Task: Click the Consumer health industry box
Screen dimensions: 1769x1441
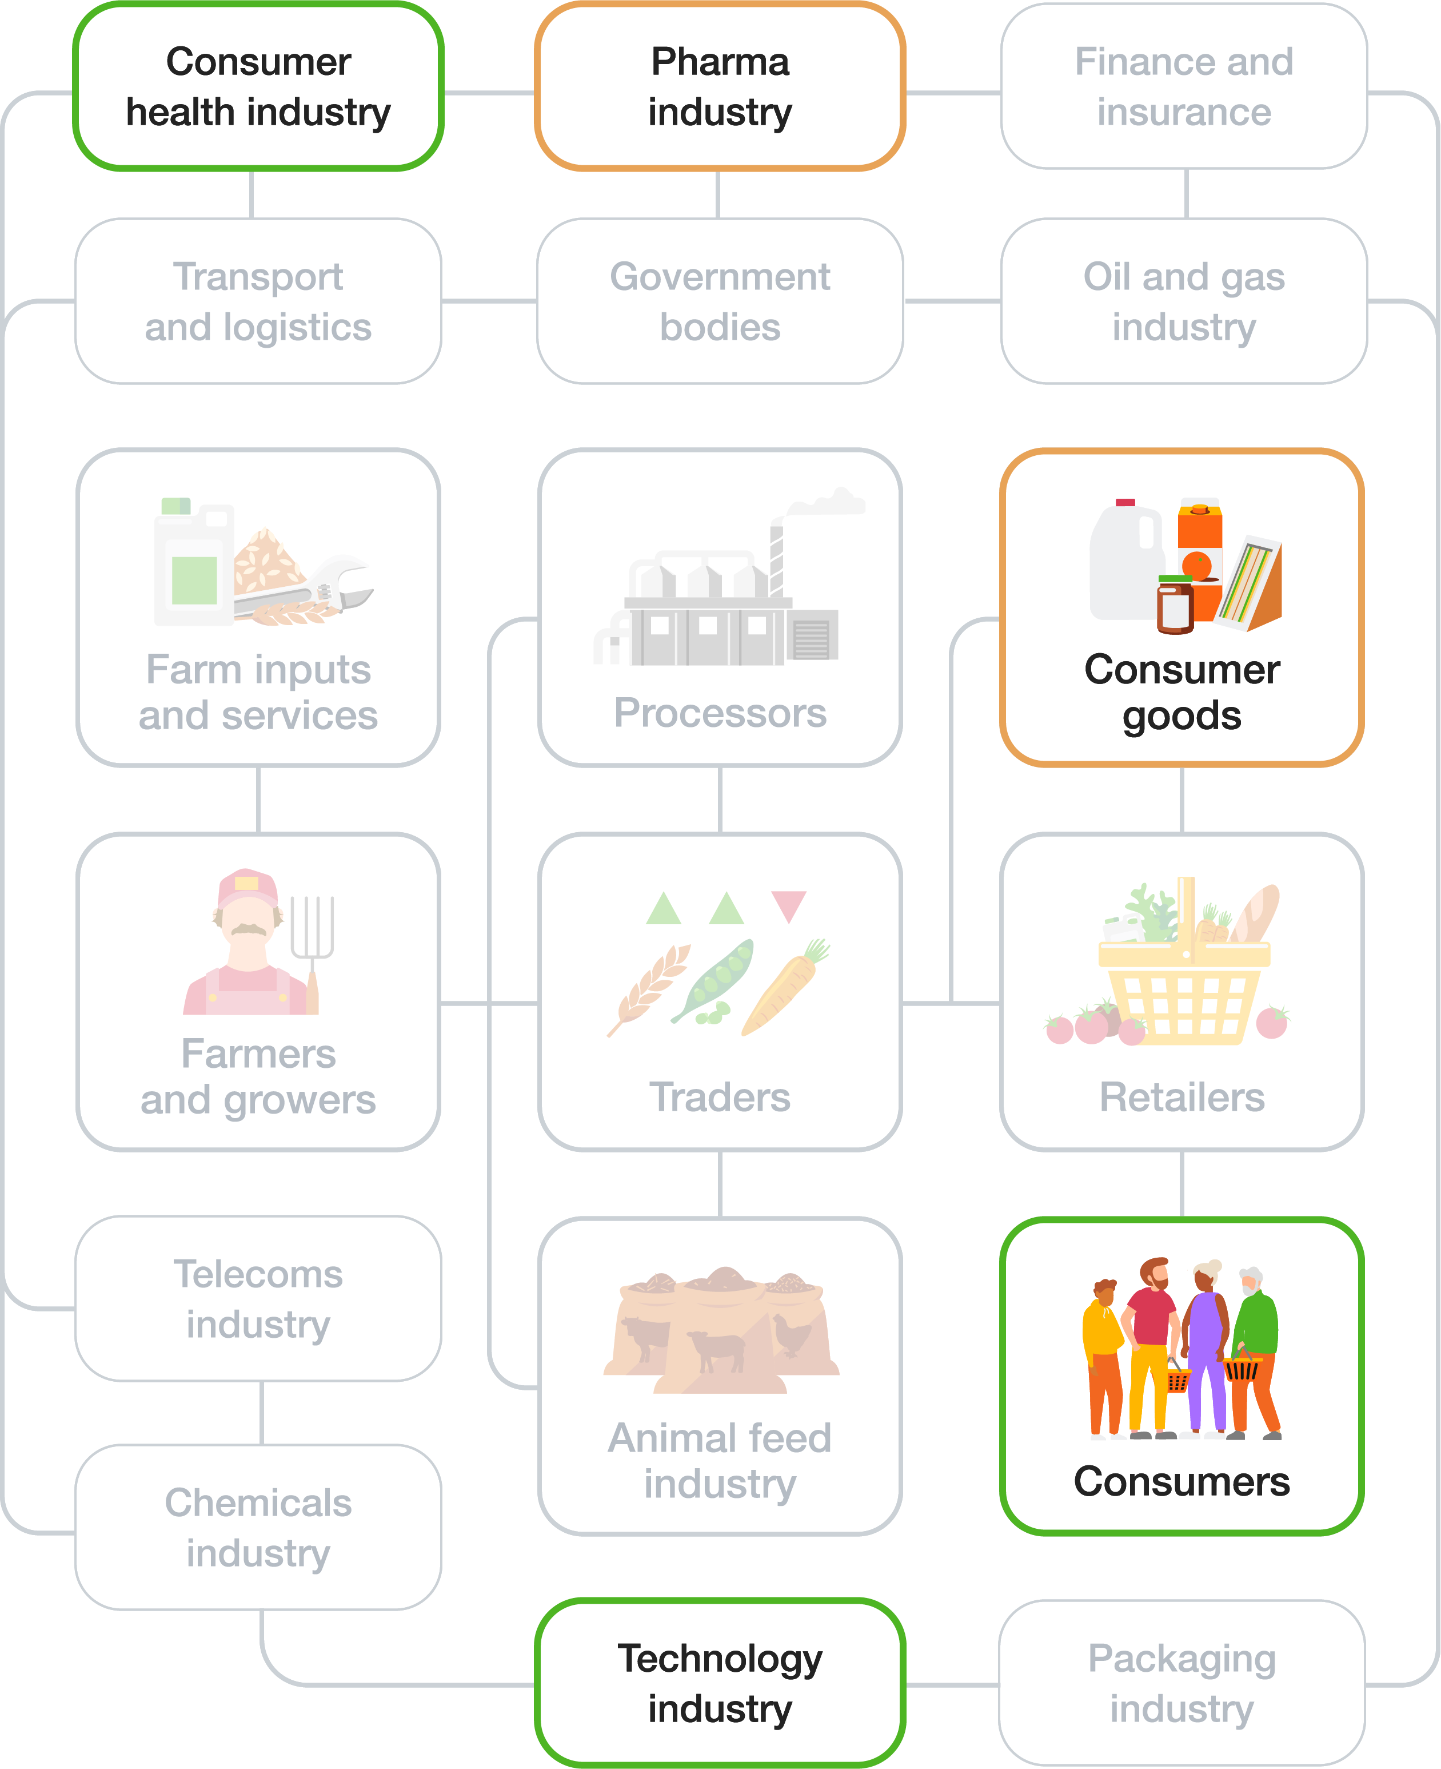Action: click(x=258, y=86)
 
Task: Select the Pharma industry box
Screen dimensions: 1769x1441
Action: click(x=720, y=86)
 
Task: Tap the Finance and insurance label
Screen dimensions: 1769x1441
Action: click(x=1184, y=86)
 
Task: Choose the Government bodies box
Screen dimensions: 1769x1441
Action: click(x=720, y=301)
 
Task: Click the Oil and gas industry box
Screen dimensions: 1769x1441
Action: click(x=1184, y=301)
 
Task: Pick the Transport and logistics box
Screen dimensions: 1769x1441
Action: click(x=258, y=301)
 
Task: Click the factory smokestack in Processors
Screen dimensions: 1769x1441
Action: click(x=777, y=556)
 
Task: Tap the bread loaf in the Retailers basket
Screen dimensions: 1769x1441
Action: click(x=1256, y=913)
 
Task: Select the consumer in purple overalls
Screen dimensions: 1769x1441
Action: click(x=1206, y=1345)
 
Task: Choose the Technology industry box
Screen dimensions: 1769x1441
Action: click(x=720, y=1683)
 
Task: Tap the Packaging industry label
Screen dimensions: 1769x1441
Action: click(x=1182, y=1683)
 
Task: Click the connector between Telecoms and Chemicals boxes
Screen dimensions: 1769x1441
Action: click(x=262, y=1413)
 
